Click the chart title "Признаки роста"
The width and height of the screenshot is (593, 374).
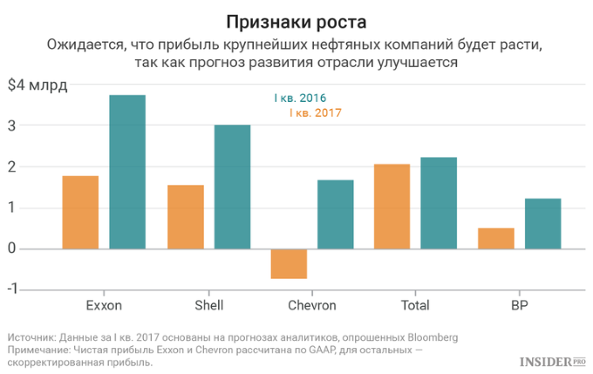(x=296, y=20)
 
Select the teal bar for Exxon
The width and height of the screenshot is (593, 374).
(x=127, y=172)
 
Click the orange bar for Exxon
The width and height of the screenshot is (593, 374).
(x=80, y=212)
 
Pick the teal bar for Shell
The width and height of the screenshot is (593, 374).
(x=232, y=187)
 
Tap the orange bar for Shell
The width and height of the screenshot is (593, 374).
(x=185, y=216)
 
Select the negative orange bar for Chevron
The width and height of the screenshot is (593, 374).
(x=289, y=263)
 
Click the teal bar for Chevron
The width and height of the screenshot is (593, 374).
(x=335, y=214)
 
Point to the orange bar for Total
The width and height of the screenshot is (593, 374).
(x=392, y=206)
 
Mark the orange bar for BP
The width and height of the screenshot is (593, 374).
(x=495, y=238)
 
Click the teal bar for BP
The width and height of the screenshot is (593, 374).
(x=542, y=223)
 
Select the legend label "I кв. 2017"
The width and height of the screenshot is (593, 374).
(x=310, y=113)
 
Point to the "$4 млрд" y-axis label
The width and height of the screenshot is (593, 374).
(x=37, y=85)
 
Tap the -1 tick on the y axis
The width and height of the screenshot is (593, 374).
(x=11, y=289)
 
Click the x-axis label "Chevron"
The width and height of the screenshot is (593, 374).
(x=311, y=306)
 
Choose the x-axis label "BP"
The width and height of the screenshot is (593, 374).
(x=519, y=306)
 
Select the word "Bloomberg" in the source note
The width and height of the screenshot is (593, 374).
(x=427, y=337)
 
